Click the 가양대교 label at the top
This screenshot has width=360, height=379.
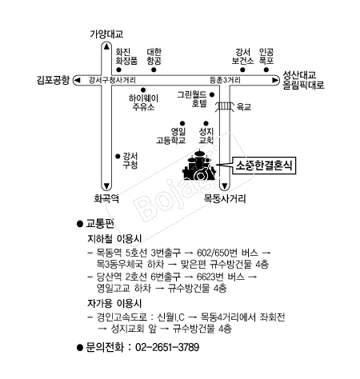[106, 34]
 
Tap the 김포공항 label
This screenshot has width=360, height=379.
[53, 80]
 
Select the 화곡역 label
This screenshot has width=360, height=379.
[106, 198]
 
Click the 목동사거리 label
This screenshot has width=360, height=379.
[225, 198]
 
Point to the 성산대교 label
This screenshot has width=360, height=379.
[299, 74]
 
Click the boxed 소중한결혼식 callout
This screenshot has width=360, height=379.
[264, 166]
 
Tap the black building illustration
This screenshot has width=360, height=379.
[199, 166]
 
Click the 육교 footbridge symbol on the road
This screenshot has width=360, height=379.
[225, 106]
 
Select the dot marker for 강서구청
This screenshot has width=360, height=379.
[118, 156]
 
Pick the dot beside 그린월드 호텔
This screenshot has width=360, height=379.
[212, 94]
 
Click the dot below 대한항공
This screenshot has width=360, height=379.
[154, 70]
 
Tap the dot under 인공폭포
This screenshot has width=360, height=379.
[266, 70]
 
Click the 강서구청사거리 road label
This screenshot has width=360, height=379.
[112, 80]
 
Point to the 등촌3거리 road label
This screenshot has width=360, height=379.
[225, 80]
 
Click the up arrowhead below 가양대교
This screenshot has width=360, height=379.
[106, 46]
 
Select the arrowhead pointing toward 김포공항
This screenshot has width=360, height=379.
[78, 80]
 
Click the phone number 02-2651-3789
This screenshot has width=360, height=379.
[167, 347]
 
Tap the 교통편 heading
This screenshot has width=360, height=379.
[100, 224]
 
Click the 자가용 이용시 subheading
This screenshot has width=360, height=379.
[114, 303]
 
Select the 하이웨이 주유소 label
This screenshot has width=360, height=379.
[143, 102]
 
